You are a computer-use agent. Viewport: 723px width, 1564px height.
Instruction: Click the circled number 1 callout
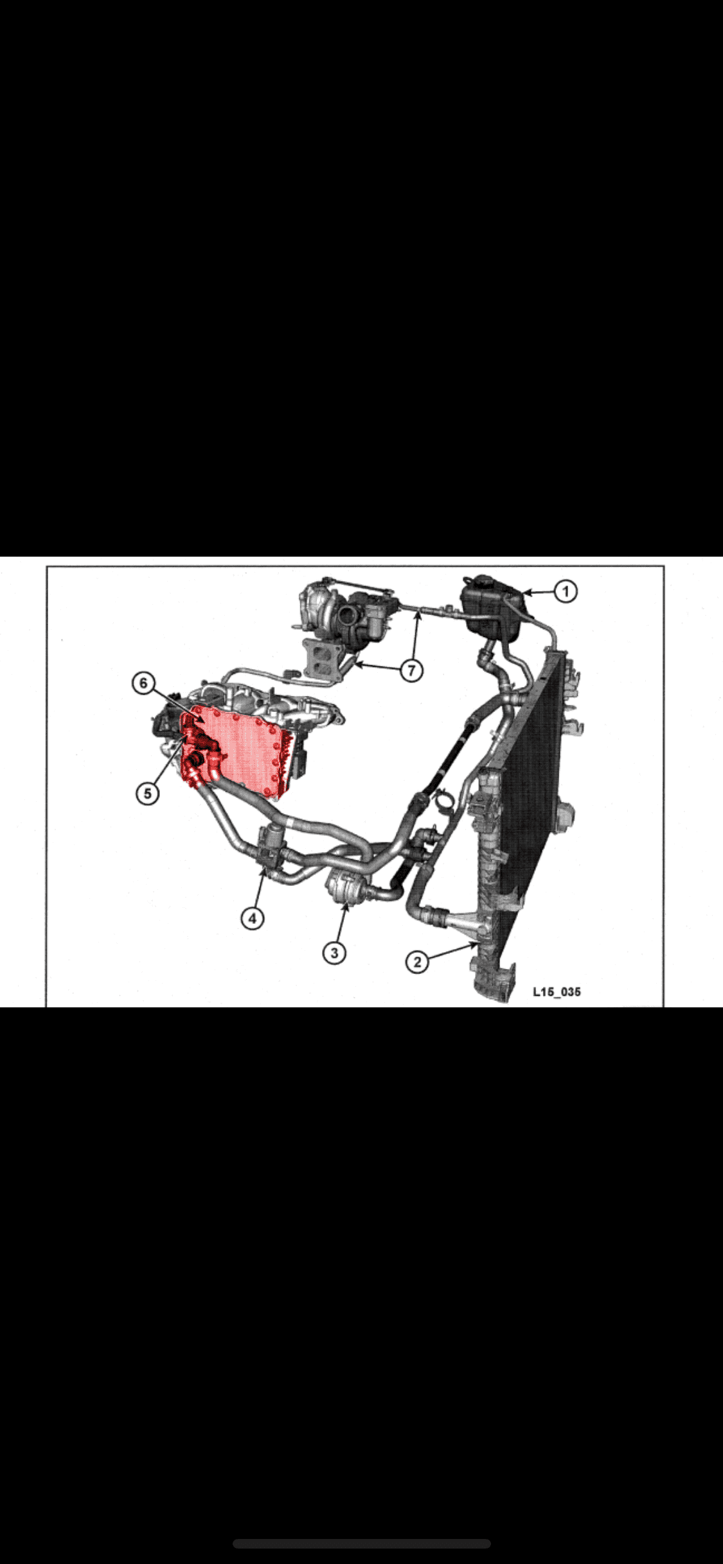tap(566, 591)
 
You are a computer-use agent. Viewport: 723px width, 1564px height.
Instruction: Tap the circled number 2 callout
tap(417, 961)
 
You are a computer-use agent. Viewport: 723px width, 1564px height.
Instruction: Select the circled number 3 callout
tap(334, 952)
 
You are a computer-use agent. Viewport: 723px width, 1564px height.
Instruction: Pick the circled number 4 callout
tap(252, 918)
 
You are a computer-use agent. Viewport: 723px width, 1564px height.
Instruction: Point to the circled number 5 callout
tap(147, 793)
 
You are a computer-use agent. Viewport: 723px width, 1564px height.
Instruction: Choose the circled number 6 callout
tap(143, 682)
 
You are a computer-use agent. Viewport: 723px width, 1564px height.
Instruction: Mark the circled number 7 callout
tap(411, 670)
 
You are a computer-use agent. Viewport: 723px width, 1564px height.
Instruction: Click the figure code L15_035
tap(557, 991)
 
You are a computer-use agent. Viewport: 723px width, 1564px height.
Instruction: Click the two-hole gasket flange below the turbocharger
tap(321, 657)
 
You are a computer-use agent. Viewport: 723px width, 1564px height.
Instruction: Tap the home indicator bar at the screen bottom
tap(361, 1543)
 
